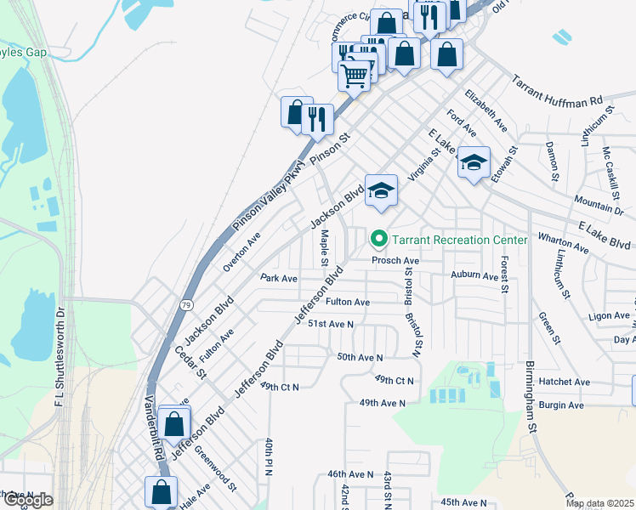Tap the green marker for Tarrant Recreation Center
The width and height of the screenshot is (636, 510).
(x=380, y=240)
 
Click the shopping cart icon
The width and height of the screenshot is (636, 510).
(x=355, y=76)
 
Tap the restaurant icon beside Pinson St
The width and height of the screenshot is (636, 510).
(x=317, y=118)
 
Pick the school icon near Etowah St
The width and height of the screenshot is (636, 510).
(x=474, y=162)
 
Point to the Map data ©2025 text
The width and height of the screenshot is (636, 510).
(x=599, y=503)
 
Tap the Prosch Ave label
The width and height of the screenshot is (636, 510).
(x=395, y=260)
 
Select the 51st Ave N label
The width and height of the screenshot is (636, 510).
(x=330, y=324)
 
